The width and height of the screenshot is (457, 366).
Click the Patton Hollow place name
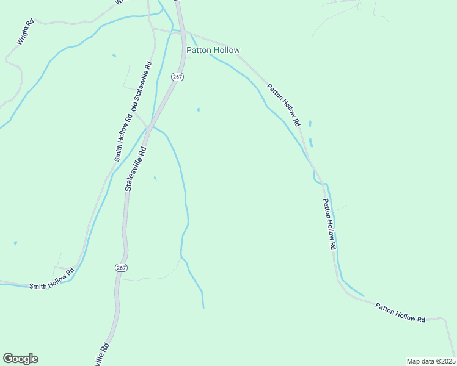pyautogui.click(x=213, y=50)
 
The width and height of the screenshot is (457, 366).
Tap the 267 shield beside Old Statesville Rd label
pyautogui.click(x=177, y=77)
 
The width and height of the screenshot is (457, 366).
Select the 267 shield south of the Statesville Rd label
pyautogui.click(x=120, y=267)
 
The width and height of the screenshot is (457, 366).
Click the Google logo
pyautogui.click(x=20, y=359)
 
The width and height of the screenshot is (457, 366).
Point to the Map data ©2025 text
pyautogui.click(x=431, y=361)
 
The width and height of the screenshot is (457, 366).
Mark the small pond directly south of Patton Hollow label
pyautogui.click(x=198, y=110)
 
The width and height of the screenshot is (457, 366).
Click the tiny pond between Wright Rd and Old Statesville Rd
pyautogui.click(x=114, y=56)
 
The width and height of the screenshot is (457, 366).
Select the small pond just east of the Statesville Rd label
pyautogui.click(x=155, y=178)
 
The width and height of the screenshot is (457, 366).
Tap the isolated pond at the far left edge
pyautogui.click(x=15, y=243)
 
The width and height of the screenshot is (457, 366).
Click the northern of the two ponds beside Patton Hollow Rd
pyautogui.click(x=310, y=124)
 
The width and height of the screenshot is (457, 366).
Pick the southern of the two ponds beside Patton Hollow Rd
pyautogui.click(x=311, y=143)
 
